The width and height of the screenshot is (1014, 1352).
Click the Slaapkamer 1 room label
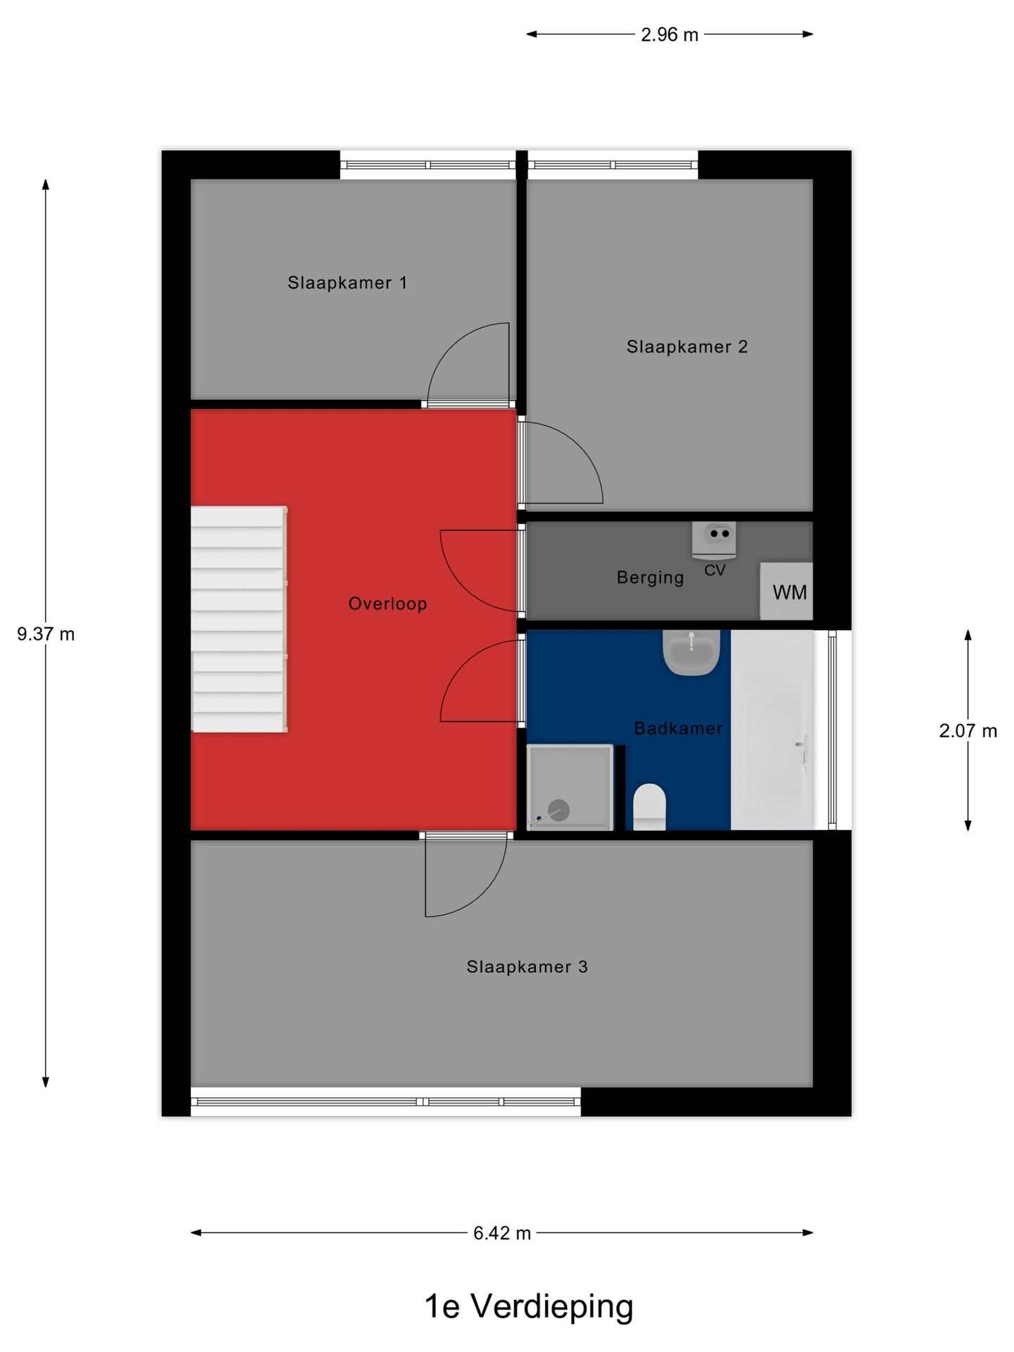[347, 283]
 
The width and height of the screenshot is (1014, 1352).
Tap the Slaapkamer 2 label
[687, 347]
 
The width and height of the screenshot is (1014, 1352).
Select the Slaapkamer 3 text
[527, 967]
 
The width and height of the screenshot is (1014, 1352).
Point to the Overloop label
[387, 603]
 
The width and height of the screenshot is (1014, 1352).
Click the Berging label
[650, 577]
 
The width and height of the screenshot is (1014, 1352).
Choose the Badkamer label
[678, 728]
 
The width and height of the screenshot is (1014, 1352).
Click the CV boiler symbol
[715, 539]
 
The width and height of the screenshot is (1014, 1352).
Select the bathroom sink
[691, 652]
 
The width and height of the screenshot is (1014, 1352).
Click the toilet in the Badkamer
[649, 807]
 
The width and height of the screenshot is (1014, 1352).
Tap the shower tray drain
[558, 810]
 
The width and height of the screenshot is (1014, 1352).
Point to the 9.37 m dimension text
[46, 634]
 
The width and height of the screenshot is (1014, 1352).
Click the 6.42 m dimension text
[501, 1233]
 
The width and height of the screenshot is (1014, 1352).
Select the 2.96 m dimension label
[669, 35]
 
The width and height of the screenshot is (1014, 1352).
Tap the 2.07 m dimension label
[968, 731]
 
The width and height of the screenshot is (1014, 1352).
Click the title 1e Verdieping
[529, 1306]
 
